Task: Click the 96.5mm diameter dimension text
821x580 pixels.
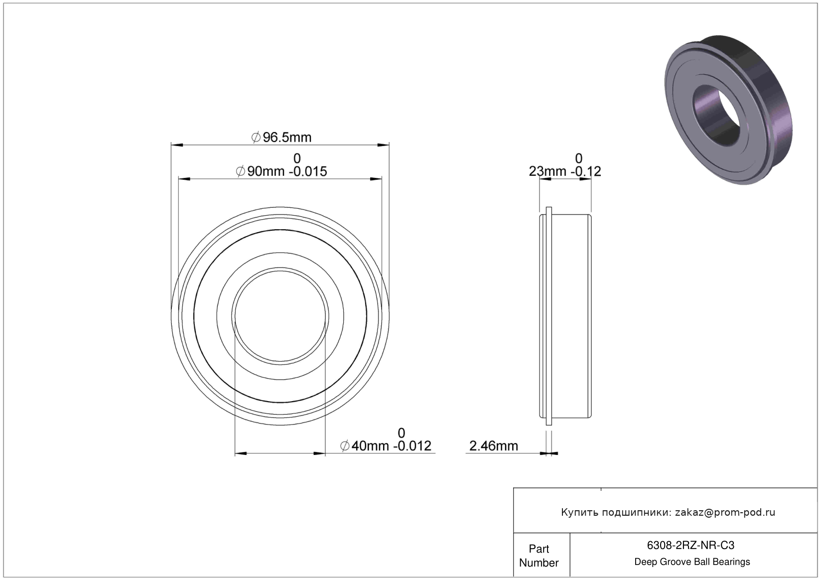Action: click(x=281, y=138)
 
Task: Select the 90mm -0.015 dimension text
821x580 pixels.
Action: click(x=281, y=171)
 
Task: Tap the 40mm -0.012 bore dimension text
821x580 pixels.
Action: click(x=386, y=446)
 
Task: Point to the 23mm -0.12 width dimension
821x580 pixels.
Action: click(x=565, y=171)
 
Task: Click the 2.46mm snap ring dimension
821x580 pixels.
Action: click(x=494, y=446)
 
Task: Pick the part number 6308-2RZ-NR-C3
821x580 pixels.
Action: click(x=690, y=546)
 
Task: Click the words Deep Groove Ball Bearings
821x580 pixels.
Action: click(x=692, y=562)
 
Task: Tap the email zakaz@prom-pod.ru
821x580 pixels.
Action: click(x=725, y=513)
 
